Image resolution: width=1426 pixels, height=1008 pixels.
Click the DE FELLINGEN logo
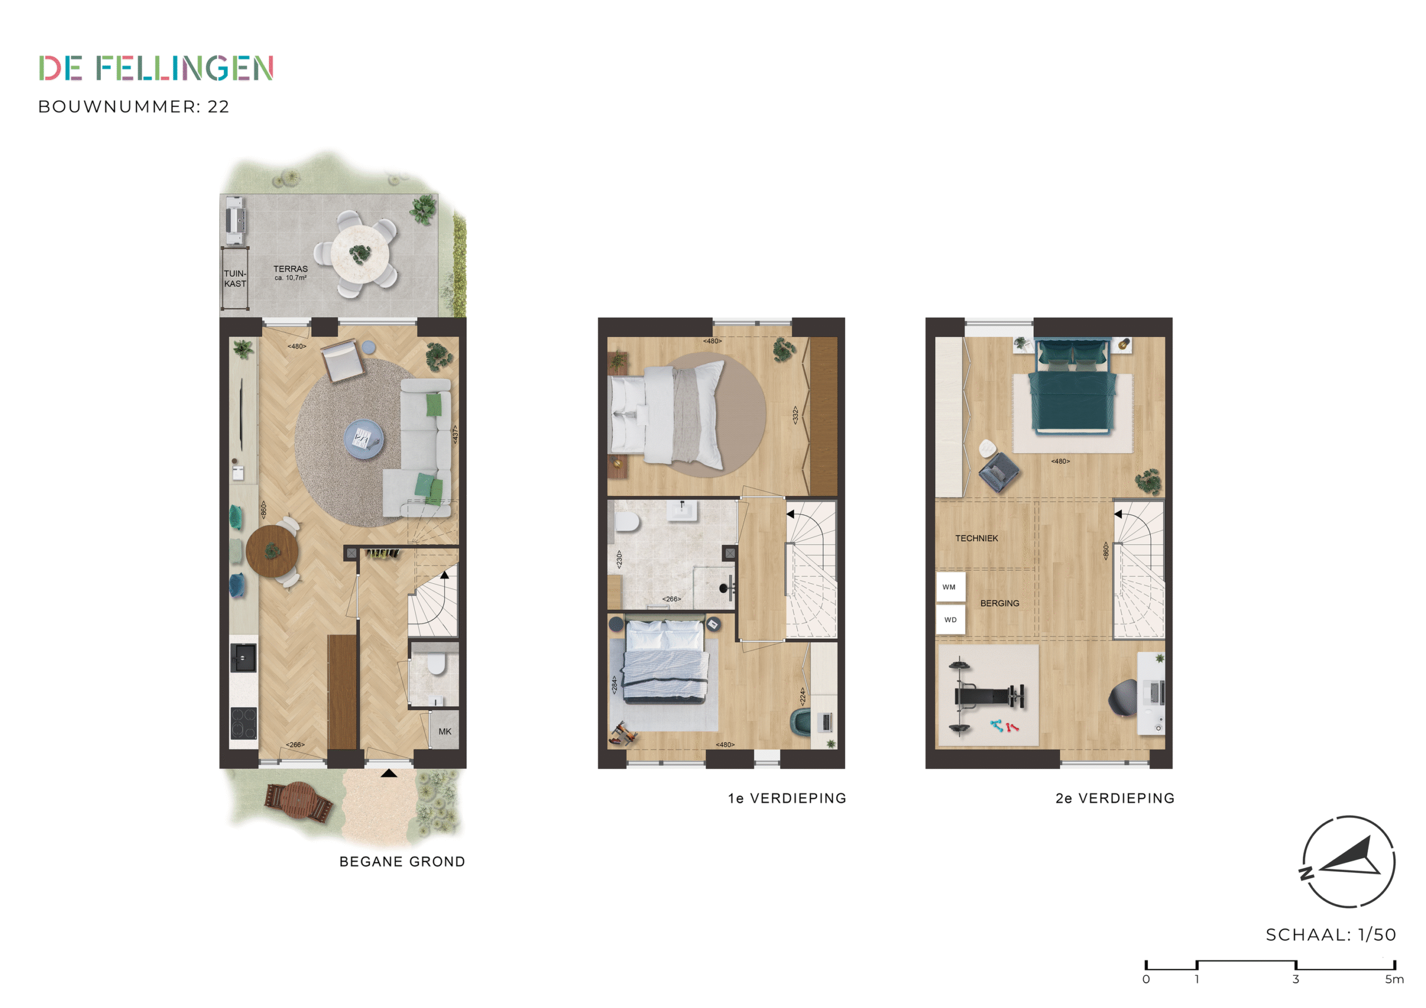pos(156,68)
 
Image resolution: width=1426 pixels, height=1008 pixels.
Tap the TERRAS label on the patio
pos(290,269)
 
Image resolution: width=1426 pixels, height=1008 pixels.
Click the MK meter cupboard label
pos(445,731)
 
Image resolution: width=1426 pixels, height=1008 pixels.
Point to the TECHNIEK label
pos(976,538)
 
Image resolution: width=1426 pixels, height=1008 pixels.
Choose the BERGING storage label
pos(999,603)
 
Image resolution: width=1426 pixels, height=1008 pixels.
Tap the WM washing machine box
pos(950,587)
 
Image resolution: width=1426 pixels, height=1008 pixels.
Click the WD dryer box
pos(950,620)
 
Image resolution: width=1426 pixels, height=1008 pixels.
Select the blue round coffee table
pos(364,439)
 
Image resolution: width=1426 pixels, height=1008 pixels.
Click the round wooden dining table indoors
pos(272,551)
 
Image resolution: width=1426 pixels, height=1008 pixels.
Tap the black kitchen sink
pos(243,658)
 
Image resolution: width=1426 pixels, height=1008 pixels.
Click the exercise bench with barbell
pos(988,696)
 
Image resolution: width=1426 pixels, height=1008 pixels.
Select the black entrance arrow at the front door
pos(389,773)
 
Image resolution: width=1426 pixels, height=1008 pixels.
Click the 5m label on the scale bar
pos(1394,979)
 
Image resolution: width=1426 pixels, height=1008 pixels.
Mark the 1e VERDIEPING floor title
pos(787,798)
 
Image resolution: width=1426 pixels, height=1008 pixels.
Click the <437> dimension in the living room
pos(455,434)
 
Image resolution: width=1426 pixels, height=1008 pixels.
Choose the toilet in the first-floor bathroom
pos(627,523)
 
